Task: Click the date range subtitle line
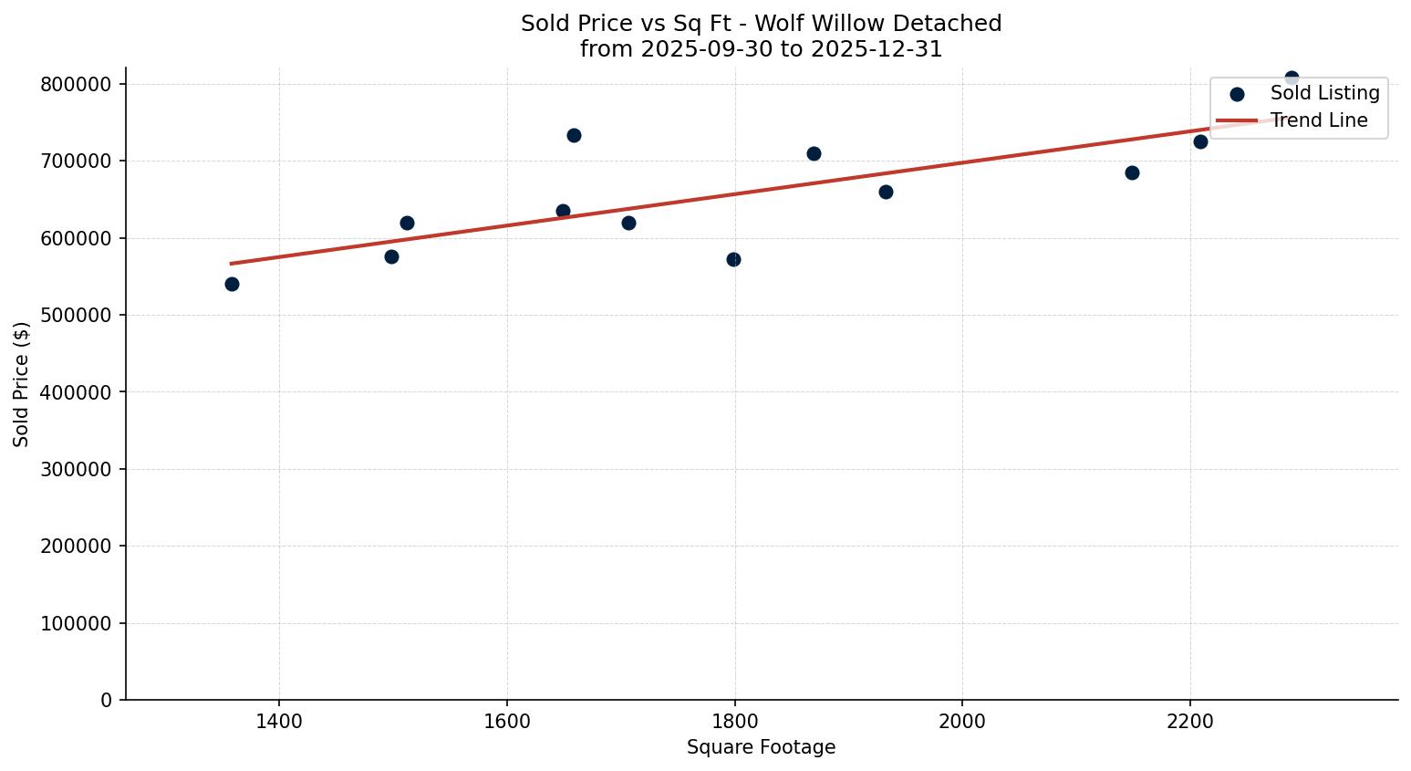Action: [761, 49]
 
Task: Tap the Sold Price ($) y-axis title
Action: [22, 383]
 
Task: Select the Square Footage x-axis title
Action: [761, 747]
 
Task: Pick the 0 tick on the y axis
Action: [107, 700]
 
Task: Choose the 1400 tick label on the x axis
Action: [279, 721]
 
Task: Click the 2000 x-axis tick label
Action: [962, 721]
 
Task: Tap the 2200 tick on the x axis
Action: [1189, 721]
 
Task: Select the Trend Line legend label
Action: [1319, 120]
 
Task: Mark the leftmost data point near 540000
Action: [232, 284]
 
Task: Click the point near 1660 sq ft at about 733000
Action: [574, 135]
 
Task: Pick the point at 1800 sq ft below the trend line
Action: [733, 259]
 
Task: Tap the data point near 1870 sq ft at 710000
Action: [814, 153]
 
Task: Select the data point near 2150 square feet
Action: [1132, 172]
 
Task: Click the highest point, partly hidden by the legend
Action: [1292, 78]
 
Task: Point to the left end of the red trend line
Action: [232, 264]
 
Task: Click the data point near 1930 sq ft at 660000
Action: [886, 192]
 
